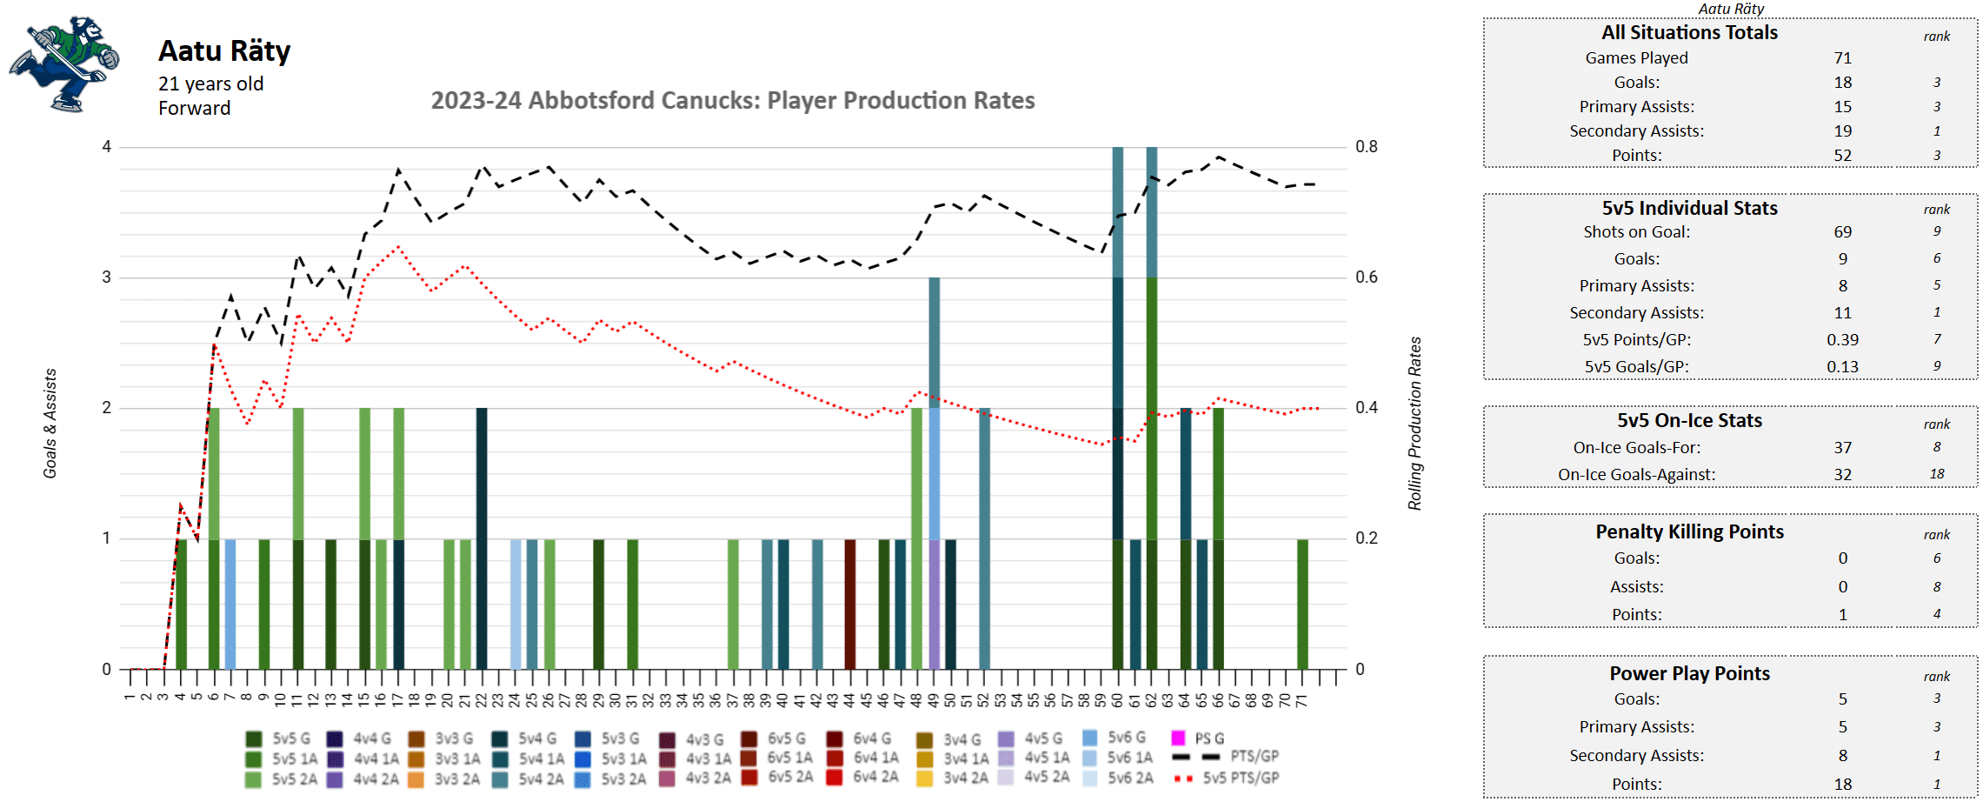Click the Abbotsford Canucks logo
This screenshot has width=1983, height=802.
tap(63, 63)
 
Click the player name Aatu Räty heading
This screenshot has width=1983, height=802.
tap(224, 51)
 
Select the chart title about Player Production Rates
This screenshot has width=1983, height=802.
tap(732, 101)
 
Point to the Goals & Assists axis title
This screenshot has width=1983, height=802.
tap(50, 424)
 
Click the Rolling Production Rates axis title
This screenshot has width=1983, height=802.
tap(1414, 424)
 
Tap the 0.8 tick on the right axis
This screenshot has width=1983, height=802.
tap(1367, 147)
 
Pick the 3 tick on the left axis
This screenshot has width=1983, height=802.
tap(107, 277)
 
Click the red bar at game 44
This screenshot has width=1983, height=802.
tap(850, 604)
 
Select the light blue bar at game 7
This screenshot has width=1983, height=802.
tap(230, 604)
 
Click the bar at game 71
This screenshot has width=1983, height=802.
tap(1302, 604)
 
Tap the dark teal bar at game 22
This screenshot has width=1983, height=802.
tap(482, 538)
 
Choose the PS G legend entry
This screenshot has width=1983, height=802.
tap(1200, 739)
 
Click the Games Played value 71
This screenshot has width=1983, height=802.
tap(1842, 58)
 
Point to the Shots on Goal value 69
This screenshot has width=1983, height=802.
tap(1842, 232)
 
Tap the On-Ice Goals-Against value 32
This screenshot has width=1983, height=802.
tap(1842, 475)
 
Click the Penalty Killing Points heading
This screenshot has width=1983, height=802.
tap(1689, 532)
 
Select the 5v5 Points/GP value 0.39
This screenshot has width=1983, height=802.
tap(1842, 340)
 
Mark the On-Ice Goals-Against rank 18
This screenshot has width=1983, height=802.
tap(1936, 474)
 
